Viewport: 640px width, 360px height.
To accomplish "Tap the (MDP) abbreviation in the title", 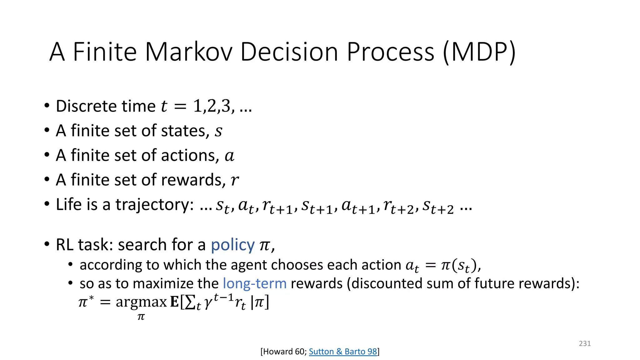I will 479,52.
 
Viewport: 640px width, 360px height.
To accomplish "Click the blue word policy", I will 232,245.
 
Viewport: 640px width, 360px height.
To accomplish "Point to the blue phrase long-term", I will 254,283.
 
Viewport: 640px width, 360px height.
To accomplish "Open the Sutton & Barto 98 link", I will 343,352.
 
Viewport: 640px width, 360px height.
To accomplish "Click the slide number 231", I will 585,343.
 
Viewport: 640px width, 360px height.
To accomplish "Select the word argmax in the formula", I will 141,302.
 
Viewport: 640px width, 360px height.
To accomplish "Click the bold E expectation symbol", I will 174,302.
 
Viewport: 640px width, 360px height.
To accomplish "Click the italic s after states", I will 218,131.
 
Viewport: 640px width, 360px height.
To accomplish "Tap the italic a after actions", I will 229,156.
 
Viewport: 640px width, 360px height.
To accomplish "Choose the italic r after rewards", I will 234,180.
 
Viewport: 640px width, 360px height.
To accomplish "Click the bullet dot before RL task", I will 47,244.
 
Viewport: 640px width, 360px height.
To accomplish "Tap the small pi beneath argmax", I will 141,317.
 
